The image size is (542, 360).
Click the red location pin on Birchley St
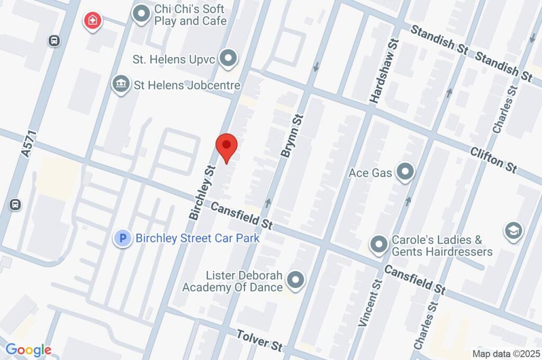(x=227, y=145)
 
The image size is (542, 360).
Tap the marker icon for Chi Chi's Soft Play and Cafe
(x=141, y=15)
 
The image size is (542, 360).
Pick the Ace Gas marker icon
(x=405, y=172)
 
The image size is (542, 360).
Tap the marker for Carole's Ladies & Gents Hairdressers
(x=378, y=245)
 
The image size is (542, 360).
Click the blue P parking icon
(x=123, y=238)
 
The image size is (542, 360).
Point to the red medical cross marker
(x=93, y=21)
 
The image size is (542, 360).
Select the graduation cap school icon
(x=513, y=230)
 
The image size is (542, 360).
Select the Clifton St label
(x=494, y=159)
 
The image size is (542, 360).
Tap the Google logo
(x=28, y=350)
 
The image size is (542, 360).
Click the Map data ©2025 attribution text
(x=505, y=354)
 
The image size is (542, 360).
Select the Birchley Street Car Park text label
(x=197, y=238)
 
